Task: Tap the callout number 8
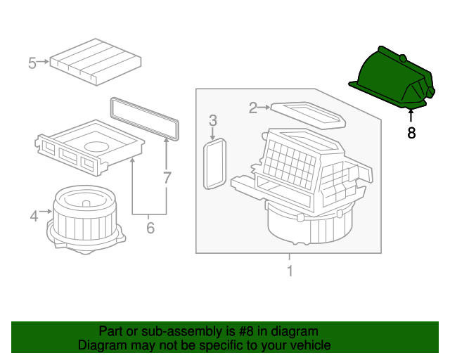point(411,132)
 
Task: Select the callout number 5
point(32,63)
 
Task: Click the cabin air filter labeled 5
point(95,60)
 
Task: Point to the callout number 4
point(34,217)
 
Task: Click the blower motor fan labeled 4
point(83,218)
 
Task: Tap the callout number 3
point(213,122)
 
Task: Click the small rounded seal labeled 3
point(214,163)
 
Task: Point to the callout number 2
point(253,108)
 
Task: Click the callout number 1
point(289,271)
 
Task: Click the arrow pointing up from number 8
point(411,117)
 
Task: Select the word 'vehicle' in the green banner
point(308,345)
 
